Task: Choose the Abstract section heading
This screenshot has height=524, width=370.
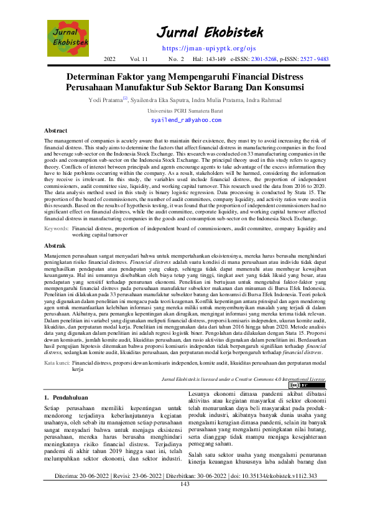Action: tap(56, 131)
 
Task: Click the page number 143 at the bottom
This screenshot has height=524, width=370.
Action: tap(185, 501)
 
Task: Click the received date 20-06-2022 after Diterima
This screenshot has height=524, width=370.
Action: tap(94, 493)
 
